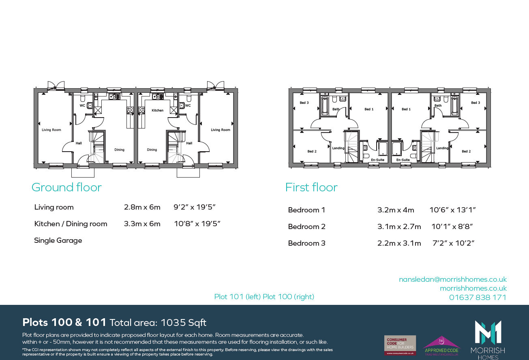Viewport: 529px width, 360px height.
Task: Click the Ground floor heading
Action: click(66, 187)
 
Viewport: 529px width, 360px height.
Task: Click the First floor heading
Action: click(311, 187)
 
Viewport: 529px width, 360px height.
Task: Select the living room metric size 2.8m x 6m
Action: click(142, 207)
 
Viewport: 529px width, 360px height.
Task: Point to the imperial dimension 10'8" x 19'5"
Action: click(197, 224)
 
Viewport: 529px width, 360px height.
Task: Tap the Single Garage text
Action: click(58, 240)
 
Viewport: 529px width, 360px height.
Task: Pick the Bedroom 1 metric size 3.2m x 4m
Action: click(396, 210)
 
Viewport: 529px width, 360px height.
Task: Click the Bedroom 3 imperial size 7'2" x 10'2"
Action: click(453, 243)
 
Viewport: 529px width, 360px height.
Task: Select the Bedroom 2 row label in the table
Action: click(306, 227)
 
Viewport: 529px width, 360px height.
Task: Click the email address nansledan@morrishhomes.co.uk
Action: click(453, 279)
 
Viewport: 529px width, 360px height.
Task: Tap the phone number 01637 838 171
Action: click(478, 297)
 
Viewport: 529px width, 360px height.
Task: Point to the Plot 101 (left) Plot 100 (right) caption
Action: click(264, 297)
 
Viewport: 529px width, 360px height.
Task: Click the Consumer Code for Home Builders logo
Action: click(400, 345)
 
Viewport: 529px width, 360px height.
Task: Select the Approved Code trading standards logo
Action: click(441, 345)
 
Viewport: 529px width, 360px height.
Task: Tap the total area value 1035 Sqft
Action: click(183, 323)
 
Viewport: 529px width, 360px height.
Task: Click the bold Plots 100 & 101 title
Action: click(64, 323)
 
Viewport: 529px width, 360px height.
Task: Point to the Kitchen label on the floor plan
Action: click(157, 110)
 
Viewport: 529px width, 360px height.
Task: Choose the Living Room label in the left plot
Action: click(51, 130)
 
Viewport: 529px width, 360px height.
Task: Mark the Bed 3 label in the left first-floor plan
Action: click(304, 103)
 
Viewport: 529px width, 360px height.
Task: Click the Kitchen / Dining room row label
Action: click(71, 224)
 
